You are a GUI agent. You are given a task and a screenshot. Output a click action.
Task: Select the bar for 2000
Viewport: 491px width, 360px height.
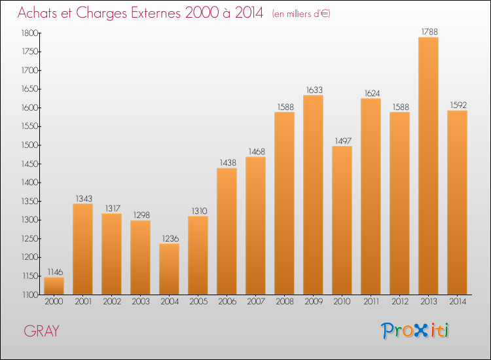click(x=54, y=286)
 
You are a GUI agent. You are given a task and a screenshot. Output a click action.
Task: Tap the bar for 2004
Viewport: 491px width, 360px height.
click(x=169, y=269)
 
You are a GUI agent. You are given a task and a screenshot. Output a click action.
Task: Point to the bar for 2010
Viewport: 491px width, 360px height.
click(x=342, y=220)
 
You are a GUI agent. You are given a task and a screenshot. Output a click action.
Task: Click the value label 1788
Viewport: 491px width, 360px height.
click(x=428, y=30)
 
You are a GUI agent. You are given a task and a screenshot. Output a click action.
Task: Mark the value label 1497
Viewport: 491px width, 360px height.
click(x=342, y=139)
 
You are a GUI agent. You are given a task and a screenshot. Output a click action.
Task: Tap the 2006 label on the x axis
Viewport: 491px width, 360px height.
click(x=227, y=302)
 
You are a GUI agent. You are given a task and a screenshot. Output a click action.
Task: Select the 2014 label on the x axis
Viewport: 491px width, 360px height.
click(x=457, y=302)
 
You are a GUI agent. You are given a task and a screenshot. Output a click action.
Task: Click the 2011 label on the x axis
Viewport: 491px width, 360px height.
click(x=371, y=302)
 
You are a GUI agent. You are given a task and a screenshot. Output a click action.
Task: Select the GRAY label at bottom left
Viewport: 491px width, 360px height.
click(x=42, y=331)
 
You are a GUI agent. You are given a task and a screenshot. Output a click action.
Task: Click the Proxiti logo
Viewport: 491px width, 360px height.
click(x=415, y=331)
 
